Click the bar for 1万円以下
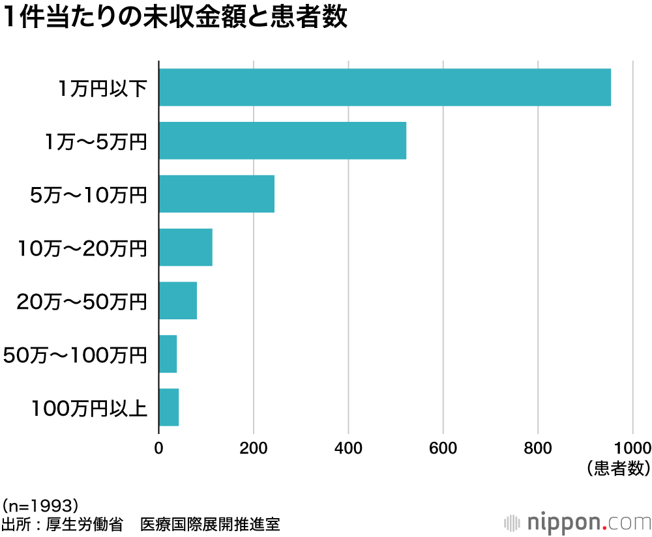[385, 87]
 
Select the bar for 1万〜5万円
[282, 141]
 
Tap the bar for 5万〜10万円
[216, 194]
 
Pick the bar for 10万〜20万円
[186, 248]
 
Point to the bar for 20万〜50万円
[178, 301]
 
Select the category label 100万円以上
[89, 409]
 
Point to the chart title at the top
[175, 18]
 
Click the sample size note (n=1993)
[41, 505]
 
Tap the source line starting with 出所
[141, 524]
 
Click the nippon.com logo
[579, 523]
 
